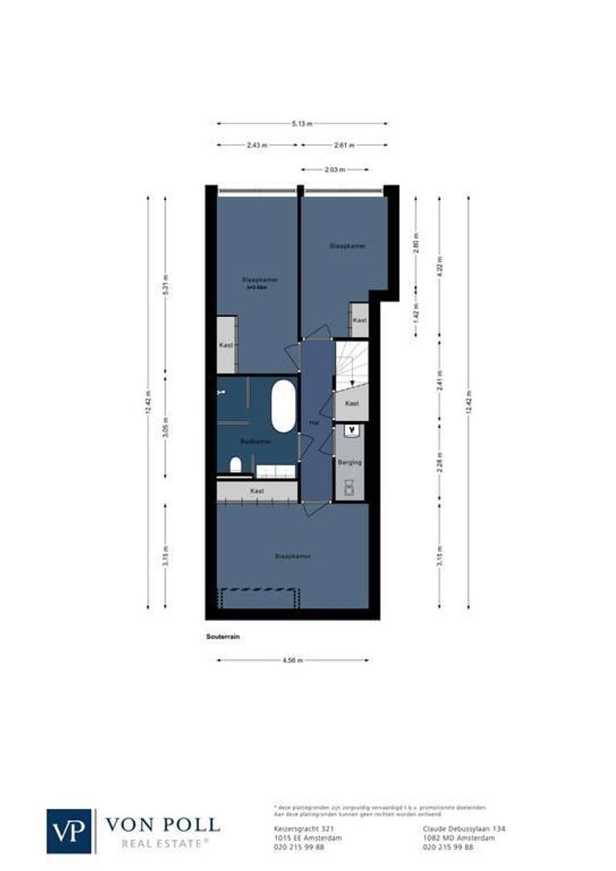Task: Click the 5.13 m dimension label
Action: tap(302, 123)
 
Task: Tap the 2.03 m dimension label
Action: tap(335, 170)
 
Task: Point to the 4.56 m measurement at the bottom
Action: tap(293, 661)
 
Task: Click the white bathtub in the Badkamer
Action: tap(283, 406)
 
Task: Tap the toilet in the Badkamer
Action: tap(235, 465)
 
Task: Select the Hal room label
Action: tap(314, 422)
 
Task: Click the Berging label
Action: tap(351, 462)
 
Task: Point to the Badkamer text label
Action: tap(256, 441)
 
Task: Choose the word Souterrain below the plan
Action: tap(223, 636)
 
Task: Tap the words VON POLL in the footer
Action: tap(162, 824)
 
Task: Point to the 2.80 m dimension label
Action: tap(416, 247)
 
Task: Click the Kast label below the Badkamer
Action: tap(257, 490)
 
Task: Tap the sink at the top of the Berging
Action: tap(349, 431)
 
